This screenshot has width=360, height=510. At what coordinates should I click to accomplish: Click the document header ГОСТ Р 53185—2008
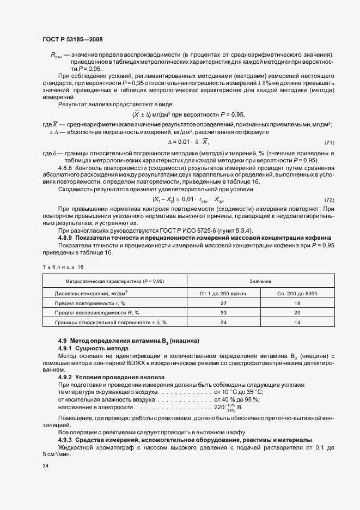tap(72, 39)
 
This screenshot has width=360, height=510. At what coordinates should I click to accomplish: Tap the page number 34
tap(45, 466)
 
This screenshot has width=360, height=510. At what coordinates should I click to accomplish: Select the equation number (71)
tap(328, 143)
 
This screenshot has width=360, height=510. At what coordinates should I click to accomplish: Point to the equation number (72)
tap(328, 200)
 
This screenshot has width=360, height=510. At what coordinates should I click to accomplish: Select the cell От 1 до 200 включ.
tap(224, 293)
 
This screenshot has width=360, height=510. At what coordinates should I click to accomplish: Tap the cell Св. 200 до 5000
tap(298, 293)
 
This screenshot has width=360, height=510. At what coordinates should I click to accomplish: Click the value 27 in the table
tap(224, 303)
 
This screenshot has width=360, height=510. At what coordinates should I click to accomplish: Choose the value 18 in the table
tap(298, 303)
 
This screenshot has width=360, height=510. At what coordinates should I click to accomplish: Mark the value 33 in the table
tap(224, 313)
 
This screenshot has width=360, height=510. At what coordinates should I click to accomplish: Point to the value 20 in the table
tap(298, 313)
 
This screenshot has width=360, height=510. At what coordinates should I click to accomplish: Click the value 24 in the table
tap(224, 323)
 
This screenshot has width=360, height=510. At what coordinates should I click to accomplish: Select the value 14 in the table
tap(298, 323)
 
